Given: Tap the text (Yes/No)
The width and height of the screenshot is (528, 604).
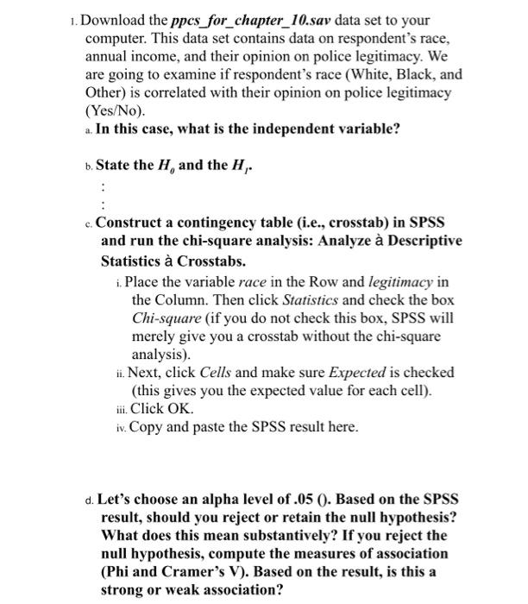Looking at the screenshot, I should pyautogui.click(x=116, y=111).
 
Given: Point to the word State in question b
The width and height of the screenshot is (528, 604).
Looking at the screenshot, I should pyautogui.click(x=114, y=164).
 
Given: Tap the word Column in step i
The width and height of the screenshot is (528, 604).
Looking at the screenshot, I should pyautogui.click(x=157, y=300).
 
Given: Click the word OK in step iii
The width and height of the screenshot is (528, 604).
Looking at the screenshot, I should pyautogui.click(x=179, y=408).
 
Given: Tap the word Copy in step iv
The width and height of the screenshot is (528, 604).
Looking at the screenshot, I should pyautogui.click(x=145, y=427).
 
